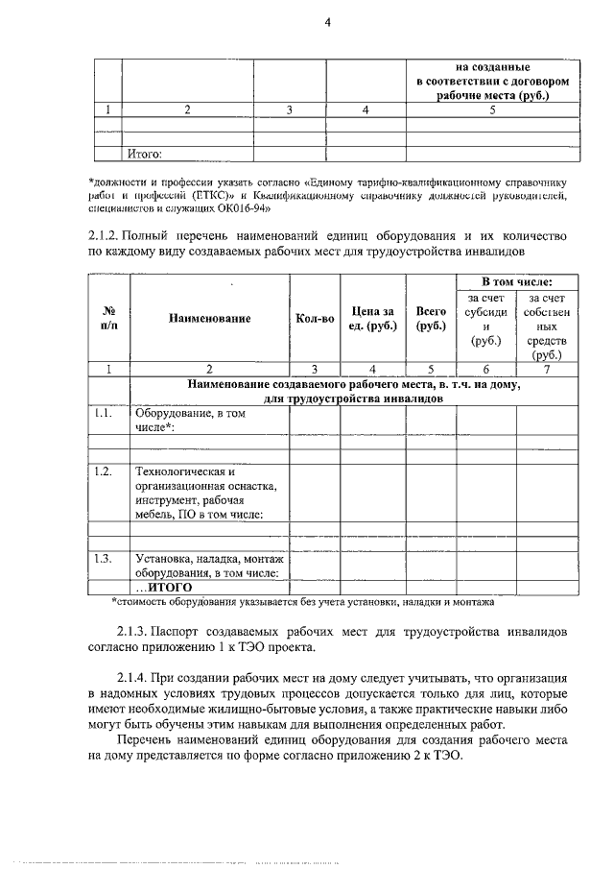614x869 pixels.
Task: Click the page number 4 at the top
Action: point(327,25)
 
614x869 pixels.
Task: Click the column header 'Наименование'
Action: point(210,318)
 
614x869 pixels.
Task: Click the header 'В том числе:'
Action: point(517,282)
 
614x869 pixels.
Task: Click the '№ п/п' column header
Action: point(107,318)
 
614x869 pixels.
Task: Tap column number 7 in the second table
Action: point(547,368)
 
